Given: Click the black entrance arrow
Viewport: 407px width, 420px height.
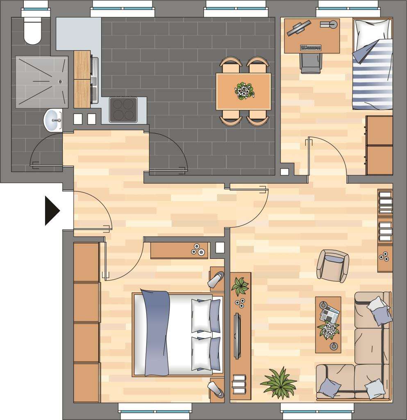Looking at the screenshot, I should [x=52, y=211].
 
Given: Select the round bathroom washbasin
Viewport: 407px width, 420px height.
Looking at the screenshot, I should [x=53, y=120].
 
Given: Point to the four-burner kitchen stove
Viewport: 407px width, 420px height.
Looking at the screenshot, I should [x=123, y=110].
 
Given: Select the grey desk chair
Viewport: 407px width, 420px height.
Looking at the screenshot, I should [x=312, y=63].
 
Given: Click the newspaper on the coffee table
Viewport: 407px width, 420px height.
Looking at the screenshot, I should [x=330, y=314].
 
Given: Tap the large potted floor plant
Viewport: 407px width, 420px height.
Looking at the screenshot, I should [x=279, y=383].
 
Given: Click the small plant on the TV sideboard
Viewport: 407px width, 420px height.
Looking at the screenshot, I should [x=240, y=285].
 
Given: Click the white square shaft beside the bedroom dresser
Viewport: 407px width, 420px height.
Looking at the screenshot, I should [x=220, y=247].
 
